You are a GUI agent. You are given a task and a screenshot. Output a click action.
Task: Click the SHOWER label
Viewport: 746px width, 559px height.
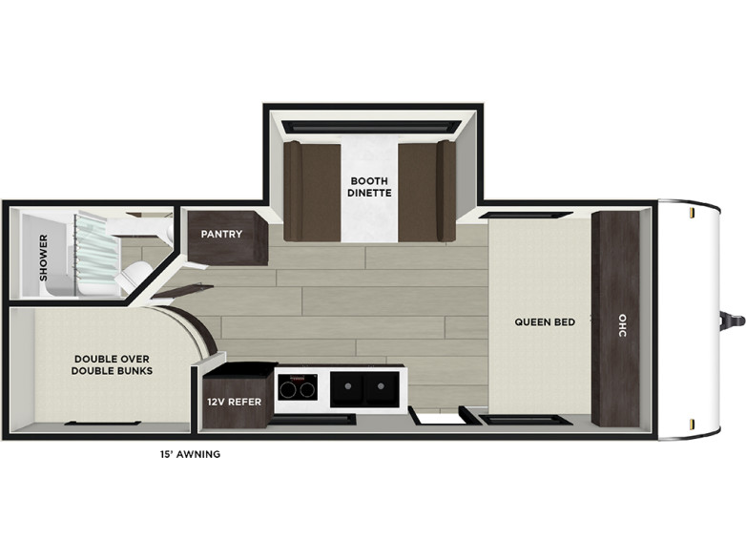tap(43, 258)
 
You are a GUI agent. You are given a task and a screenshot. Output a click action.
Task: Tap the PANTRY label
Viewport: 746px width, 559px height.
tap(221, 235)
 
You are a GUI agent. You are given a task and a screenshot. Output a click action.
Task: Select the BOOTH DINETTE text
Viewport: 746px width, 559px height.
tap(370, 186)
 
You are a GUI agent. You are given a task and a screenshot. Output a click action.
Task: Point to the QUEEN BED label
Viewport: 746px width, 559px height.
tap(545, 322)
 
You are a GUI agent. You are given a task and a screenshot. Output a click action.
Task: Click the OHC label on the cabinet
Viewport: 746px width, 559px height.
tap(623, 321)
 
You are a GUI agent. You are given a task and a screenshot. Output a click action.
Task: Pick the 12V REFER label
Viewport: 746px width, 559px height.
tap(234, 402)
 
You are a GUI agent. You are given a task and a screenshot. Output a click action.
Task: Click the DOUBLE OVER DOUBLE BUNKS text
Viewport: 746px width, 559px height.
tap(113, 364)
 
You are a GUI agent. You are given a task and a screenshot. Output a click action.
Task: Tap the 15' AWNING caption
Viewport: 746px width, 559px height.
tap(190, 454)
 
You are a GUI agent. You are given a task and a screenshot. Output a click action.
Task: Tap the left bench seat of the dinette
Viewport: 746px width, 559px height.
tap(312, 190)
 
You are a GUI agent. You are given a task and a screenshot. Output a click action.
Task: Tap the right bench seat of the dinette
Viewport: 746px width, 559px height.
tap(426, 190)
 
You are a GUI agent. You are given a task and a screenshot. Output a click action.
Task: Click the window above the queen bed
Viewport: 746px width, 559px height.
tap(524, 214)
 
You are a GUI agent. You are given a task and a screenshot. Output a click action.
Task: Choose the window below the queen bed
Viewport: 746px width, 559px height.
tap(524, 419)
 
